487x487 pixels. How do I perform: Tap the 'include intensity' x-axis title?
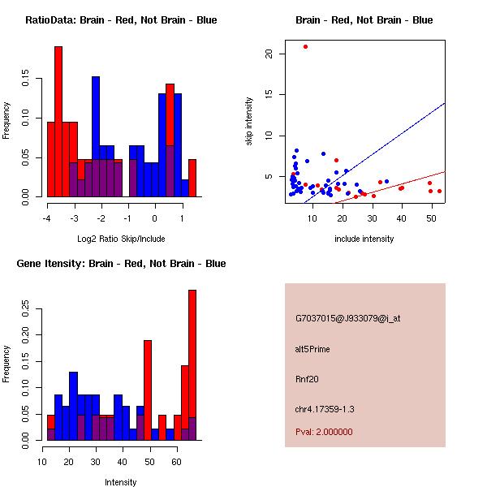pyautogui.click(x=364, y=239)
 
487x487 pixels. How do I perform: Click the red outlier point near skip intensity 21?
pyautogui.click(x=305, y=46)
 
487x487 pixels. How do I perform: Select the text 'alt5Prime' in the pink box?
pyautogui.click(x=312, y=349)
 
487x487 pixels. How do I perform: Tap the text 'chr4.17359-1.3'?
pyautogui.click(x=325, y=408)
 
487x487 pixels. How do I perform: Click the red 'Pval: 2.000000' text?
pyautogui.click(x=324, y=432)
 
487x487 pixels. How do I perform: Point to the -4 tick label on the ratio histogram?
pyautogui.click(x=47, y=218)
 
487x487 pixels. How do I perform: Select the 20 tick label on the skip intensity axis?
pyautogui.click(x=268, y=54)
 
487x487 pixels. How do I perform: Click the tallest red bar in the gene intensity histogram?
pyautogui.click(x=192, y=365)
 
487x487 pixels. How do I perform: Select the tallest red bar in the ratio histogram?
pyautogui.click(x=58, y=122)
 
